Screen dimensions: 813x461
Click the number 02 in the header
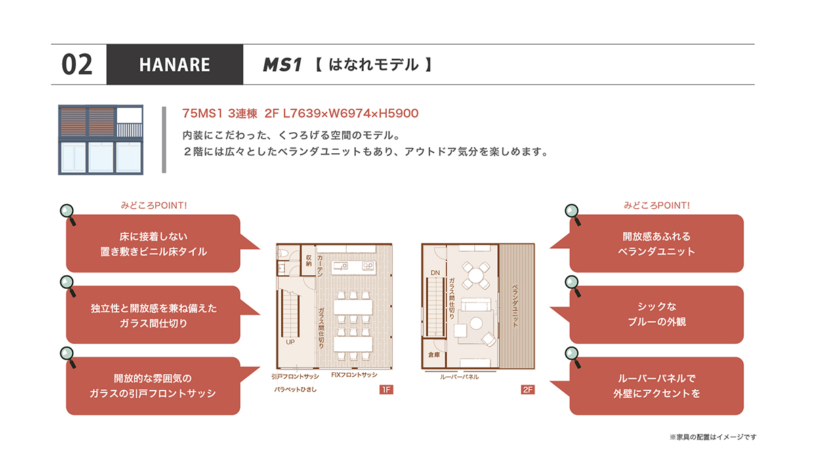tap(77, 64)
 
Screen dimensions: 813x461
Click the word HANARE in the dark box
tap(175, 65)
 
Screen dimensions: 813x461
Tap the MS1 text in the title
tap(282, 65)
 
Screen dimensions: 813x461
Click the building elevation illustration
tap(100, 140)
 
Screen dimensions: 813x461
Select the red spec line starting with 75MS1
tap(300, 113)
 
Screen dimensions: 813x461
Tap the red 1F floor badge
tap(386, 390)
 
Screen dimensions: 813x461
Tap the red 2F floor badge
tap(528, 390)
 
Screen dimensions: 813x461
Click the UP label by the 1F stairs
tap(291, 342)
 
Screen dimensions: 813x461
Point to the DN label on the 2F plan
tap(435, 273)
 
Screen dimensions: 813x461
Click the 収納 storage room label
tap(308, 260)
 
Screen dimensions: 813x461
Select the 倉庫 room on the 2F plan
tap(434, 355)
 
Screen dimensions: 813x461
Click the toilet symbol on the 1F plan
tap(283, 252)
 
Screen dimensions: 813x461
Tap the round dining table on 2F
tap(476, 275)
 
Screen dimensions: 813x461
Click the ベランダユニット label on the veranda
tap(515, 306)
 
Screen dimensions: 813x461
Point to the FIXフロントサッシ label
tap(354, 374)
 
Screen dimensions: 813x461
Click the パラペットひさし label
tap(295, 389)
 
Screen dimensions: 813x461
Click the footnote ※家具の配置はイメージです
tap(713, 437)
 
